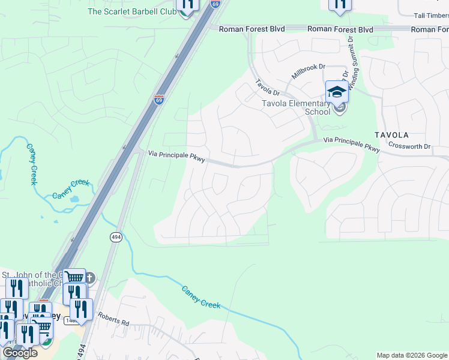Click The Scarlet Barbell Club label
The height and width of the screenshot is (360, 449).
click(x=130, y=11)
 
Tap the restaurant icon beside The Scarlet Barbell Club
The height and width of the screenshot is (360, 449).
click(x=187, y=5)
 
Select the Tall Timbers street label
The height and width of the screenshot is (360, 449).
click(x=431, y=16)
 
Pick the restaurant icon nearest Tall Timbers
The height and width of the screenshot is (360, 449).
click(x=340, y=4)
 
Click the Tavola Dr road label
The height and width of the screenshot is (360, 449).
click(x=267, y=88)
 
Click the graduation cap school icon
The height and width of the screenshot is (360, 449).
click(x=337, y=92)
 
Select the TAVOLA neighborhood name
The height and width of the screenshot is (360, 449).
click(x=391, y=135)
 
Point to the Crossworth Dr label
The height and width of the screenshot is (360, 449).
click(x=410, y=146)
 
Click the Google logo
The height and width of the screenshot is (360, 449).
click(x=20, y=352)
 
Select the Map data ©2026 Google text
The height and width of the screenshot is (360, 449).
click(x=411, y=355)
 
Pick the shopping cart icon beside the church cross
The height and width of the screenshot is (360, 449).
click(x=74, y=278)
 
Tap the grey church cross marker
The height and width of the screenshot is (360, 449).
click(x=89, y=277)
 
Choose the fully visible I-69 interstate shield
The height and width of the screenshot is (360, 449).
click(x=158, y=100)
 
